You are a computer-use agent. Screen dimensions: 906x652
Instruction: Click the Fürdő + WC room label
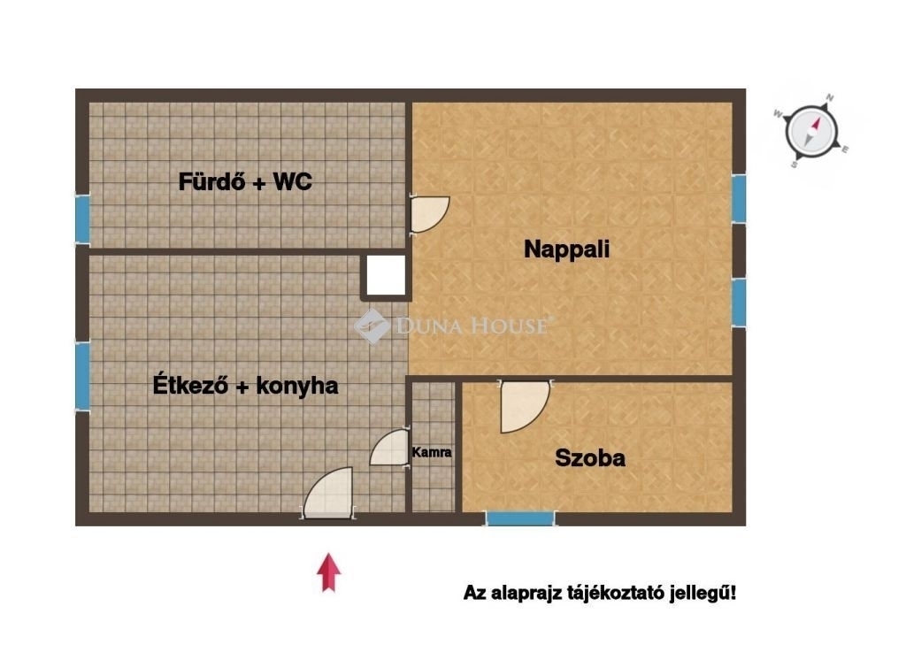pyautogui.click(x=245, y=182)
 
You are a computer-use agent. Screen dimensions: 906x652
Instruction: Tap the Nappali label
pyautogui.click(x=567, y=249)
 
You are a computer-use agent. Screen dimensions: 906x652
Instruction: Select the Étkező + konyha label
pyautogui.click(x=245, y=385)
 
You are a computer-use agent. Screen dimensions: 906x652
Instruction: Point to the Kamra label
pyautogui.click(x=432, y=452)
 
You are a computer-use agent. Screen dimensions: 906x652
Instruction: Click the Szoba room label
pyautogui.click(x=590, y=458)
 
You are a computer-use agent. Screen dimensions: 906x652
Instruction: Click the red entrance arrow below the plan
pyautogui.click(x=329, y=572)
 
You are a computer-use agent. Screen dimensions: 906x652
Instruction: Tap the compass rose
pyautogui.click(x=811, y=131)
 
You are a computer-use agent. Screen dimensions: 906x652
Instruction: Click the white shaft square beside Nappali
pyautogui.click(x=387, y=275)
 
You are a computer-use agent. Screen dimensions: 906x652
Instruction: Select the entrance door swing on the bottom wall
pyautogui.click(x=327, y=492)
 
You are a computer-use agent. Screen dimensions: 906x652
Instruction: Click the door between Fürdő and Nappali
pyautogui.click(x=429, y=214)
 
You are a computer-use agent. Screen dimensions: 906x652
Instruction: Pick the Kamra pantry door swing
pyautogui.click(x=389, y=448)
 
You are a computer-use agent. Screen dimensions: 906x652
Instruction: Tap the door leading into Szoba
pyautogui.click(x=524, y=407)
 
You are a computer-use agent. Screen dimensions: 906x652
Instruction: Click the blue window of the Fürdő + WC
pyautogui.click(x=83, y=219)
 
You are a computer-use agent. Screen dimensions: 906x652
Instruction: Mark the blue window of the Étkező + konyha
pyautogui.click(x=83, y=377)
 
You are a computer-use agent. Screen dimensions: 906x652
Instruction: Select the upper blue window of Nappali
pyautogui.click(x=739, y=199)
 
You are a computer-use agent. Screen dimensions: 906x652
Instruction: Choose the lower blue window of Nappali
pyautogui.click(x=739, y=303)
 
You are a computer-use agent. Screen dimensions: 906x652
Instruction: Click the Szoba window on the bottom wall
pyautogui.click(x=520, y=518)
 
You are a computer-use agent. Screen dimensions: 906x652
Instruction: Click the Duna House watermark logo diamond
pyautogui.click(x=372, y=326)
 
